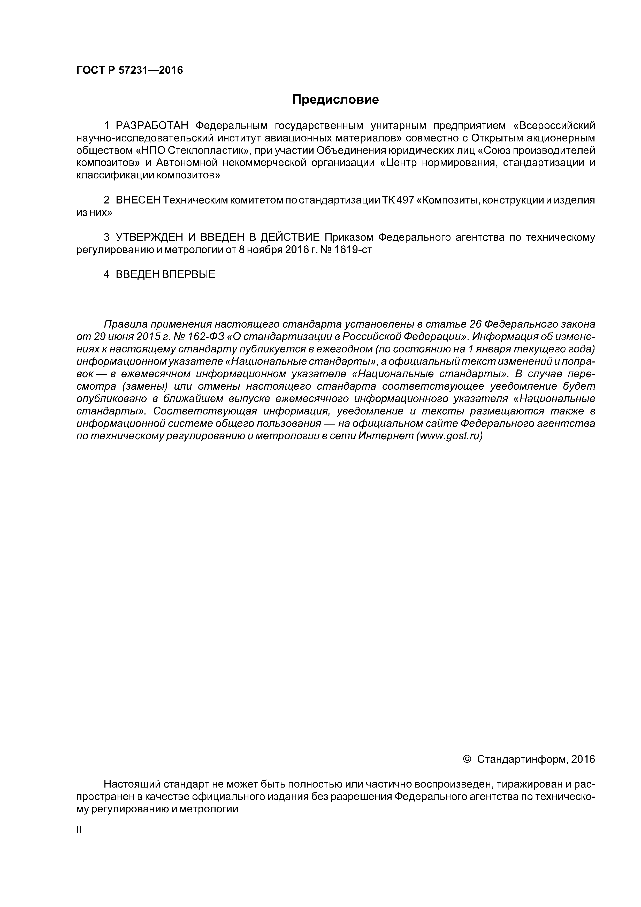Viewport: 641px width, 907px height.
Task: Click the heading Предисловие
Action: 335,100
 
